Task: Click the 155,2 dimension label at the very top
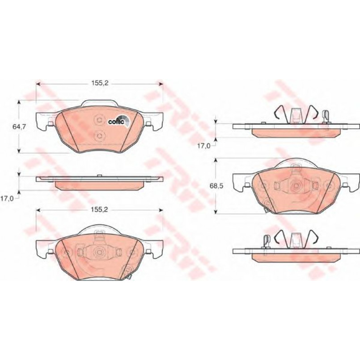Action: pyautogui.click(x=100, y=83)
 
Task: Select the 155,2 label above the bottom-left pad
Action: pyautogui.click(x=100, y=210)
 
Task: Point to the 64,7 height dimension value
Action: pyautogui.click(x=19, y=127)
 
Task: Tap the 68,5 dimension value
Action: pyautogui.click(x=216, y=186)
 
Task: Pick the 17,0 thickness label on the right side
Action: pyautogui.click(x=204, y=146)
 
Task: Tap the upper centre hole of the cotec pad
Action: pyautogui.click(x=99, y=120)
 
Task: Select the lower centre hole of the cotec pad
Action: pyautogui.click(x=99, y=136)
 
